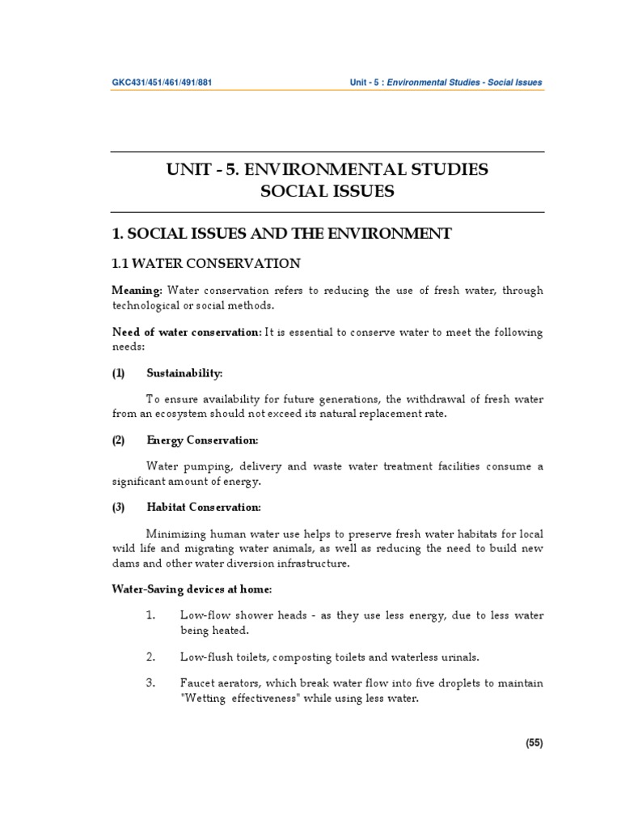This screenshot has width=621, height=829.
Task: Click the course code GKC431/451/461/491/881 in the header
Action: pyautogui.click(x=162, y=83)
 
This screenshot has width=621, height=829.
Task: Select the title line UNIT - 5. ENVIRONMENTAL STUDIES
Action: pyautogui.click(x=327, y=170)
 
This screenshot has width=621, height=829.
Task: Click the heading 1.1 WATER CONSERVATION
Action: pyautogui.click(x=205, y=263)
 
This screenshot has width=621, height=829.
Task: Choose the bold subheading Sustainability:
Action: pyautogui.click(x=184, y=372)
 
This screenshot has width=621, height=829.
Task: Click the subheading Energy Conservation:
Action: pyautogui.click(x=202, y=440)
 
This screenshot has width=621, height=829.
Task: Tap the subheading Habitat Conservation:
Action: pyautogui.click(x=204, y=508)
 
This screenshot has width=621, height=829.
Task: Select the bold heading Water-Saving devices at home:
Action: pyautogui.click(x=192, y=589)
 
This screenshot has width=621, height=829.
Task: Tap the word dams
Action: pyautogui.click(x=125, y=563)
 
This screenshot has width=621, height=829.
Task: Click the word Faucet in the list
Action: pyautogui.click(x=197, y=683)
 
